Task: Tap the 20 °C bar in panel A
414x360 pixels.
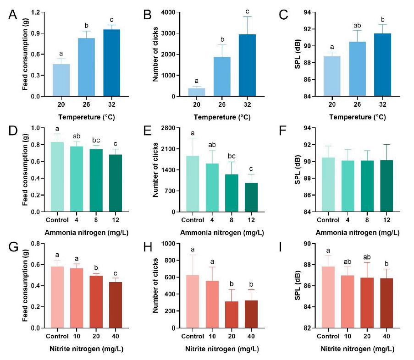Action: tap(59, 80)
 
